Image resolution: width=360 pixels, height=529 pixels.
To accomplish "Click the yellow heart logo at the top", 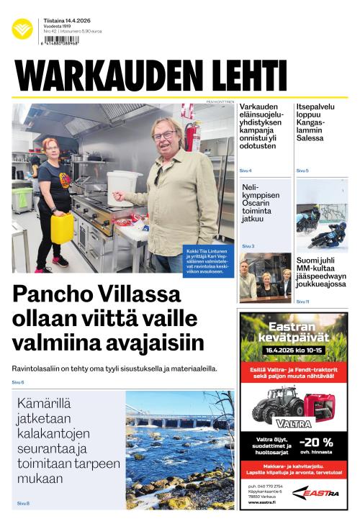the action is pos(22,28).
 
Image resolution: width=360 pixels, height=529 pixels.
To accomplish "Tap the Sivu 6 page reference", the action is pos(18,381).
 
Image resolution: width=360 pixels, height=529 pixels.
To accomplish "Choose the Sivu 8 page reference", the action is pos(23,503).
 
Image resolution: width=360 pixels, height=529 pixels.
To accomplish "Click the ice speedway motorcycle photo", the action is pos(322,216).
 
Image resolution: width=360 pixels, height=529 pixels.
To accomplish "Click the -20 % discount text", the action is pos(317,442).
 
